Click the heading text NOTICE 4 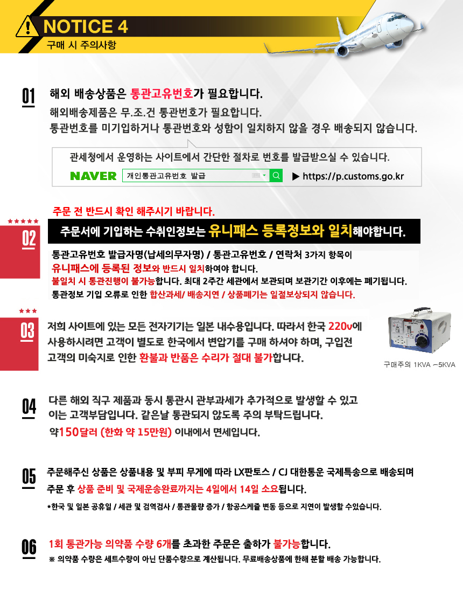click(x=86, y=26)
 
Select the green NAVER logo click(x=94, y=176)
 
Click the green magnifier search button click(x=276, y=175)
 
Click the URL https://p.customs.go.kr click(x=353, y=176)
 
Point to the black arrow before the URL click(x=296, y=176)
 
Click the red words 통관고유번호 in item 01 click(x=162, y=94)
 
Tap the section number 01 click(x=29, y=96)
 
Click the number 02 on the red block click(x=29, y=238)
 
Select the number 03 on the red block click(x=27, y=331)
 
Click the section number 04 click(x=29, y=407)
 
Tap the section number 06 click(x=29, y=548)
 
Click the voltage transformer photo click(x=419, y=330)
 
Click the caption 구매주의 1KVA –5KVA click(x=419, y=365)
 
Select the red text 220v click(x=340, y=326)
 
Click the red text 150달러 click(x=78, y=432)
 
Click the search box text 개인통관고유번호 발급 click(x=166, y=176)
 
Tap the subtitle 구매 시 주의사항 click(x=81, y=45)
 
